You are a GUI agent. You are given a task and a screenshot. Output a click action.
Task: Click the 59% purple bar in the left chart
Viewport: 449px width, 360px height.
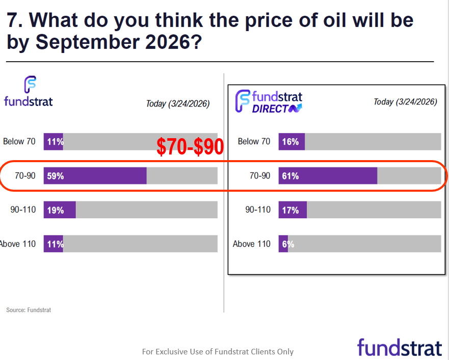point(95,175)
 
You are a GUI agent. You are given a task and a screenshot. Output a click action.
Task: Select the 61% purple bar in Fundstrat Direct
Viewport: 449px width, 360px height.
point(328,175)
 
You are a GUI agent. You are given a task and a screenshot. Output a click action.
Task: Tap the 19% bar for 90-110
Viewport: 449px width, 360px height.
point(60,210)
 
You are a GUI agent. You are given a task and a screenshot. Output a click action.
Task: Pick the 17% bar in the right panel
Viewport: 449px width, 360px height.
point(293,210)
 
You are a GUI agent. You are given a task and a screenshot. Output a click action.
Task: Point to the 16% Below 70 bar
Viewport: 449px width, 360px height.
point(292,141)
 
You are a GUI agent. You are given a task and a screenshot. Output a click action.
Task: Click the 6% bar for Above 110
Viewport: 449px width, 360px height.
point(283,244)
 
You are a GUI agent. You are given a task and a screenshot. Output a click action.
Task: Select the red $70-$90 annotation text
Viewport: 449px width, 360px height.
point(190,147)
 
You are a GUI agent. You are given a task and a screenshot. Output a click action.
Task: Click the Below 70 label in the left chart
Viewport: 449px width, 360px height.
point(19,141)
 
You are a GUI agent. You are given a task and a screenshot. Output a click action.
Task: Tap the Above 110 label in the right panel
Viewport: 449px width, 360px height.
point(251,244)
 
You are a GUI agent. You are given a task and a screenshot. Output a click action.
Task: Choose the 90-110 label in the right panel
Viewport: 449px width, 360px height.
point(258,210)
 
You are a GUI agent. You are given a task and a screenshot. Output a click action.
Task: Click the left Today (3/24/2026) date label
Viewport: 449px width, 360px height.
point(177,104)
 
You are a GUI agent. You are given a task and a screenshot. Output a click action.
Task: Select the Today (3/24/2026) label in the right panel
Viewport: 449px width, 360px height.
point(405,101)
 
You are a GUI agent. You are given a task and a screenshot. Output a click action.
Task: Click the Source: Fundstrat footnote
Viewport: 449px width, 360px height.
point(29,310)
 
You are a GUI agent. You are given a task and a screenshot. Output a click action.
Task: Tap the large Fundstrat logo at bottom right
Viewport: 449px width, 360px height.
point(399,347)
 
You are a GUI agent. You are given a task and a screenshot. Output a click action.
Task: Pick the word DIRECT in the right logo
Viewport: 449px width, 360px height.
point(270,108)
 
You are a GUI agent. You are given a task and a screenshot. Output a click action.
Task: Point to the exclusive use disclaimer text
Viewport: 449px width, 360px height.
point(218,351)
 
